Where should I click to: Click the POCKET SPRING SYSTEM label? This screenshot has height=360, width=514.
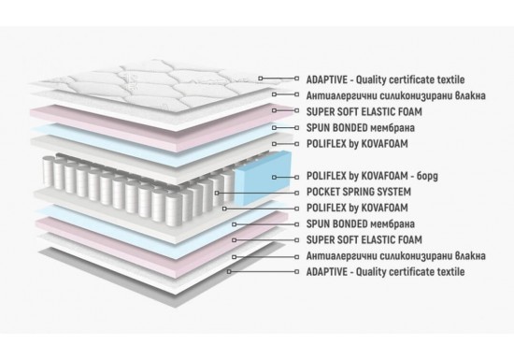359,192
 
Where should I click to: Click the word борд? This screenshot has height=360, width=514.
427,176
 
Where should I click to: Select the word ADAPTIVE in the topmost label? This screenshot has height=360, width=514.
326,79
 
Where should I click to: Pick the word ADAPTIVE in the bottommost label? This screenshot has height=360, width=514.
326,271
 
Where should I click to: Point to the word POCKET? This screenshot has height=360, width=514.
321,192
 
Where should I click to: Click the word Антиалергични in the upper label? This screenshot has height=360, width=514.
342,95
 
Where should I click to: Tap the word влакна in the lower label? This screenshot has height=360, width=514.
470,255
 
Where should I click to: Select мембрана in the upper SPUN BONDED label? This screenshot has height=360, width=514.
393,127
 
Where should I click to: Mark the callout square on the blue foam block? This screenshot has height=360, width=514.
274,177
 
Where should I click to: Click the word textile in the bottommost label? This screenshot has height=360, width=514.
451,271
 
